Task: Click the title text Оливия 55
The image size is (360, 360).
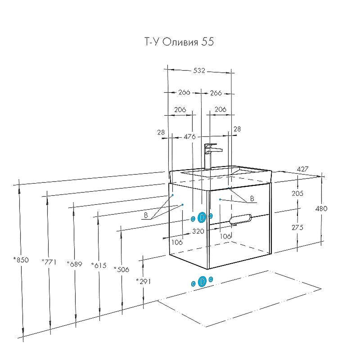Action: pos(188,42)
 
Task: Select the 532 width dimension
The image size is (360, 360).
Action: pos(199,71)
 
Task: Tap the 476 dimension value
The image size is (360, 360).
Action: pos(189,137)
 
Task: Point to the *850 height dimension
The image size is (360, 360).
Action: pos(21,260)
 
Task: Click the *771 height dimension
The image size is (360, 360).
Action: pos(49,261)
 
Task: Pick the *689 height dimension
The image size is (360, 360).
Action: pos(74,264)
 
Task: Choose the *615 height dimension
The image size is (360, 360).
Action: pos(99,265)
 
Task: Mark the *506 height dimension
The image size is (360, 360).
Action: pos(121,269)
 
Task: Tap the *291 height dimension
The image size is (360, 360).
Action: pos(143,281)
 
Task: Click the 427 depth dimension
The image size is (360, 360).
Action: pos(302,169)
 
